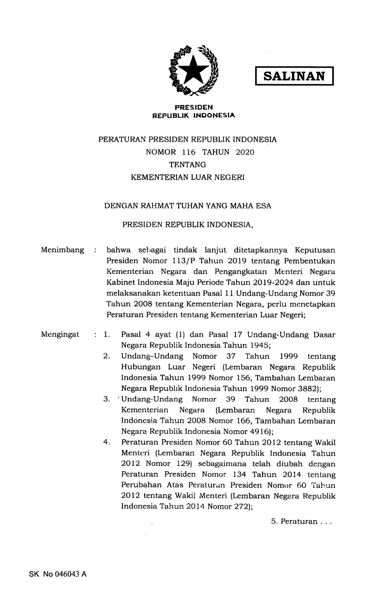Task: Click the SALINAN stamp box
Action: point(294,76)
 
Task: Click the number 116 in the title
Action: point(189,152)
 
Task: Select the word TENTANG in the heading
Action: point(188,165)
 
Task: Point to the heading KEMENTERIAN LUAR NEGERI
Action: point(188,177)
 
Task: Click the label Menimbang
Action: point(62,250)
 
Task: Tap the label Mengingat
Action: point(60,335)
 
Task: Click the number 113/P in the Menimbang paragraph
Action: point(175,261)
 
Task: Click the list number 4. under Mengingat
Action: point(107,442)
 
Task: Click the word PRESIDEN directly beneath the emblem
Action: point(194,107)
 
